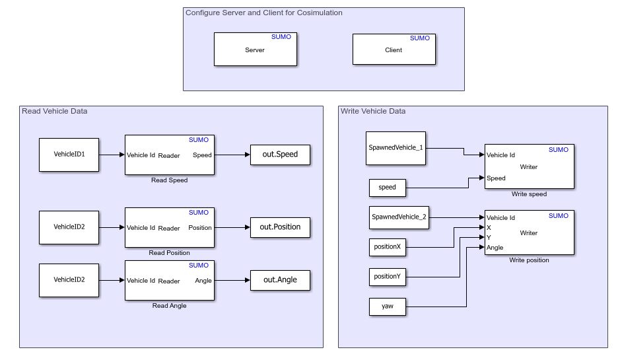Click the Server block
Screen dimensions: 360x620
click(255, 50)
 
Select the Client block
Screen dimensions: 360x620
click(394, 50)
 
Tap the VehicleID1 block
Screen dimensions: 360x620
click(69, 155)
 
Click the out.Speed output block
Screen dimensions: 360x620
click(280, 155)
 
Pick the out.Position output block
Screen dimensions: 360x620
click(280, 227)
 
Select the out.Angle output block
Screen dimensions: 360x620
click(280, 280)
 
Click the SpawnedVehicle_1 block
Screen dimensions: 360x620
click(396, 148)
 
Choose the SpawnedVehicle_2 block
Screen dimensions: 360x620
click(399, 217)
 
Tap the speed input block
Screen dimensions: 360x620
click(387, 188)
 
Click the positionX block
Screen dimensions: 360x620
click(387, 247)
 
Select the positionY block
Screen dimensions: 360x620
click(387, 277)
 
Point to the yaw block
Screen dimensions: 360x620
click(387, 306)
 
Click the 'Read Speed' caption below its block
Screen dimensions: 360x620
click(169, 180)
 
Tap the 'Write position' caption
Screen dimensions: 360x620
click(529, 260)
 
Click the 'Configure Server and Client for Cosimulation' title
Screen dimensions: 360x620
click(264, 13)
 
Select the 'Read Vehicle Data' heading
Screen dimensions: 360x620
click(55, 111)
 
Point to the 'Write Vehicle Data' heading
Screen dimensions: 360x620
click(373, 111)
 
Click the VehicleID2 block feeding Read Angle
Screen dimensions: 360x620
click(69, 280)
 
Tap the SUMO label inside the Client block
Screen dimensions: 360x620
click(419, 38)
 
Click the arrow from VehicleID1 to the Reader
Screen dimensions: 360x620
click(112, 155)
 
